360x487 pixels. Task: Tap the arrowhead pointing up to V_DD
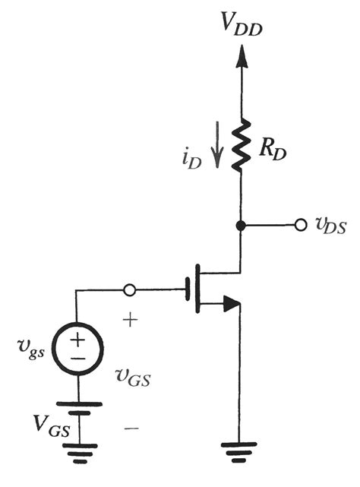241,55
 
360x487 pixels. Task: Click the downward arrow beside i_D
219,148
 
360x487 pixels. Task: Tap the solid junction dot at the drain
241,226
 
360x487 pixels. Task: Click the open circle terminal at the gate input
130,289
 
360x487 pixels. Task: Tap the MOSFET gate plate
188,289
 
